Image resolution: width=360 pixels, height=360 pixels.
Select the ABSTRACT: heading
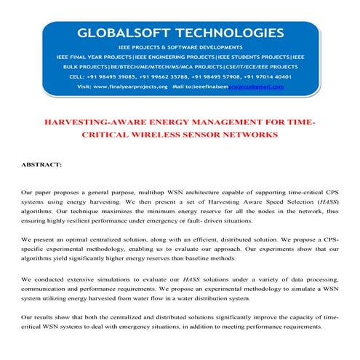pos(42,165)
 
